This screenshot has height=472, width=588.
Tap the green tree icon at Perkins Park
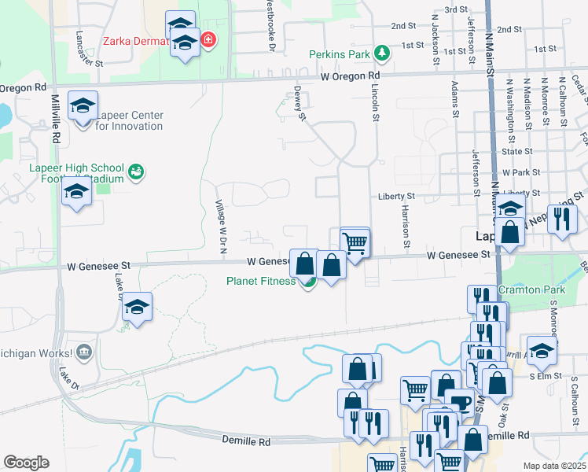point(382,53)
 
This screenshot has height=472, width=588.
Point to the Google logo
point(26,462)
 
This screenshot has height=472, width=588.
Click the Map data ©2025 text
point(555,466)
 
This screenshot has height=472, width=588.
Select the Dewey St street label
point(300,104)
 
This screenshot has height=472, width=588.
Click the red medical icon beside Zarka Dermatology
point(208,39)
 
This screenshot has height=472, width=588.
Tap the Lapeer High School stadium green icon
point(137,171)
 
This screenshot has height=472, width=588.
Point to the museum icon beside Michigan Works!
point(85,350)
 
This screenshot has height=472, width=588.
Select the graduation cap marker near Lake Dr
point(137,308)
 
